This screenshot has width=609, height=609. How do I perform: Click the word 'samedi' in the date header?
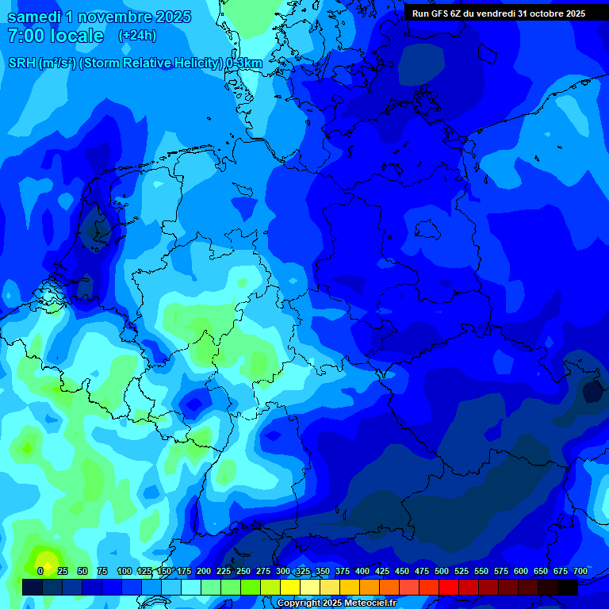pyautogui.click(x=33, y=17)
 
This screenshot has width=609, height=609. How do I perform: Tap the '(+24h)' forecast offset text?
pyautogui.click(x=137, y=35)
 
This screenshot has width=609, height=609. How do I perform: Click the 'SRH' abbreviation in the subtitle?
pyautogui.click(x=21, y=63)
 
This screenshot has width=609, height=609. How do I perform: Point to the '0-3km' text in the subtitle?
pyautogui.click(x=245, y=63)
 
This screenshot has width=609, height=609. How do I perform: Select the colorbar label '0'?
pyautogui.click(x=40, y=571)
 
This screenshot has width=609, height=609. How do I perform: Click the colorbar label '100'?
pyautogui.click(x=124, y=571)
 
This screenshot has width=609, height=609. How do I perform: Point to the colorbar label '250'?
pyautogui.click(x=243, y=571)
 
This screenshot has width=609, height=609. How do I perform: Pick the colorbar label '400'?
pyautogui.click(x=362, y=571)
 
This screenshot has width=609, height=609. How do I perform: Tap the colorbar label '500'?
pyautogui.click(x=442, y=571)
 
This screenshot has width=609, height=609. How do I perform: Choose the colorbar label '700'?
pyautogui.click(x=580, y=571)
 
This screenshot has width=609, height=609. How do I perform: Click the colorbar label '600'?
pyautogui.click(x=521, y=571)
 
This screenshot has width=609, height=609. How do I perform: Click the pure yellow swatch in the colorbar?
pyautogui.click(x=290, y=587)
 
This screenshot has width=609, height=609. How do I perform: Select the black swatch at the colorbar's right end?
pyautogui.click(x=568, y=587)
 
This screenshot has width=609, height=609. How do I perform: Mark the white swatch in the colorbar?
pyautogui.click(x=191, y=587)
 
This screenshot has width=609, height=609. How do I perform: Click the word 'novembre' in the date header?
pyautogui.click(x=124, y=17)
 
